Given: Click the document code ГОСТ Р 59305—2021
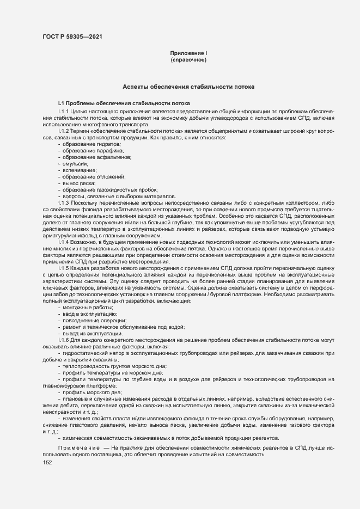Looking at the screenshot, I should tap(71, 37).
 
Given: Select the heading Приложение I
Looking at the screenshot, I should tap(188, 53).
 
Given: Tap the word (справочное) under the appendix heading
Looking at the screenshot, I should tap(188, 59).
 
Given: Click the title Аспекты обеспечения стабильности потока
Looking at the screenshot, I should tap(188, 87).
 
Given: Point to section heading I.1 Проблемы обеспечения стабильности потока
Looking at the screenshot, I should tap(124, 103).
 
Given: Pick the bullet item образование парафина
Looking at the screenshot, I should tap(86, 150).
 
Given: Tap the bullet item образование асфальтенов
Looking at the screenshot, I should tap(89, 157).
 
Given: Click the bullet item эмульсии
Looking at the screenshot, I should tap(75, 163).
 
